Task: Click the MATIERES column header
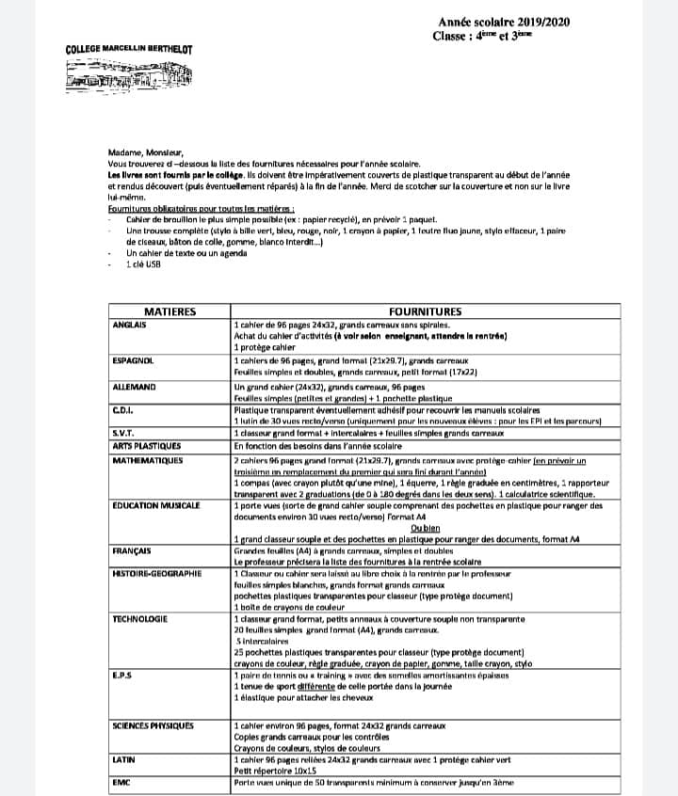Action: click(169, 311)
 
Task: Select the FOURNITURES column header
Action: click(425, 311)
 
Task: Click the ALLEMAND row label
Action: click(133, 387)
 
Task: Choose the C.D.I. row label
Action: click(121, 409)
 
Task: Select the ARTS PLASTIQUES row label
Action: click(146, 445)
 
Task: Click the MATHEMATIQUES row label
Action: click(149, 461)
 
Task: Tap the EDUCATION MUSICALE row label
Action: click(155, 505)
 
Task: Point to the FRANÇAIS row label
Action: click(132, 549)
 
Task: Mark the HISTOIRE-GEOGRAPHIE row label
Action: click(156, 573)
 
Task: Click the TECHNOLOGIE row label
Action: click(139, 618)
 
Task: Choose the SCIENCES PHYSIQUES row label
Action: click(153, 725)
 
